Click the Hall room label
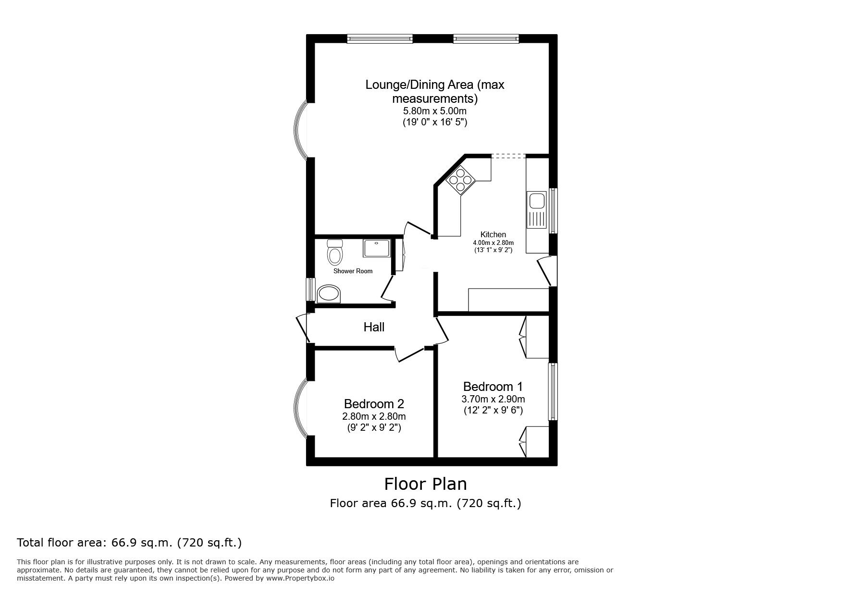point(373,327)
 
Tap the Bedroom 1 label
point(493,387)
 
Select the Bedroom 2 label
point(373,403)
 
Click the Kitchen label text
point(493,234)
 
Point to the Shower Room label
point(353,271)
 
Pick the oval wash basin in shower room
point(328,293)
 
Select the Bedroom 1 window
point(553,391)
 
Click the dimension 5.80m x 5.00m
point(434,111)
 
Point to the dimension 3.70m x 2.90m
point(493,399)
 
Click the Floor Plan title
point(425,484)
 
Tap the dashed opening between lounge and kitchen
point(508,156)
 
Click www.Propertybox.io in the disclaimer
point(300,578)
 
